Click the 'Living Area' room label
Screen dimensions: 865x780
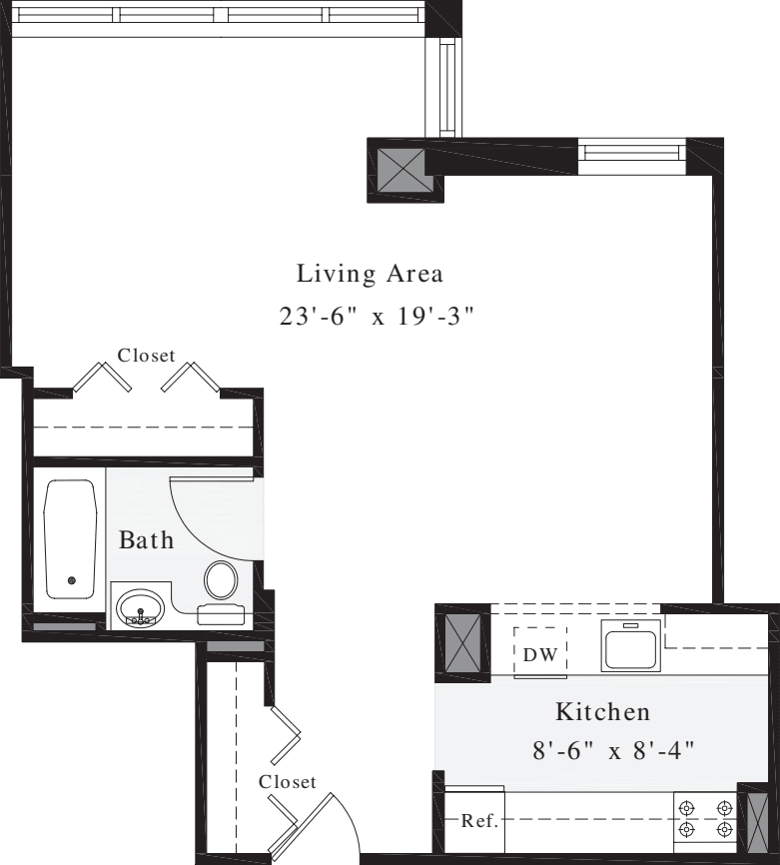coord(370,274)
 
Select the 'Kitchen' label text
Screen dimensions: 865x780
coord(602,712)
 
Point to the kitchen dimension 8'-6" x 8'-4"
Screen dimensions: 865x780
coord(613,749)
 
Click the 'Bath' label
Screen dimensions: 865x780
coord(147,541)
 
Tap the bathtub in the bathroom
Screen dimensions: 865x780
coord(71,538)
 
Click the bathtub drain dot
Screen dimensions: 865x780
coord(71,580)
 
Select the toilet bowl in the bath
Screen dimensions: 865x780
coord(221,580)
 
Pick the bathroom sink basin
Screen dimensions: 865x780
coord(140,606)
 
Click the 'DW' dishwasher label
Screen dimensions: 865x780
coord(540,655)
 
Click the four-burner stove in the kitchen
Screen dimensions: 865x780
coord(704,818)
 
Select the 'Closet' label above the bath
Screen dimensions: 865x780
coord(146,355)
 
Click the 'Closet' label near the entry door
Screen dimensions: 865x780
coord(287,782)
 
